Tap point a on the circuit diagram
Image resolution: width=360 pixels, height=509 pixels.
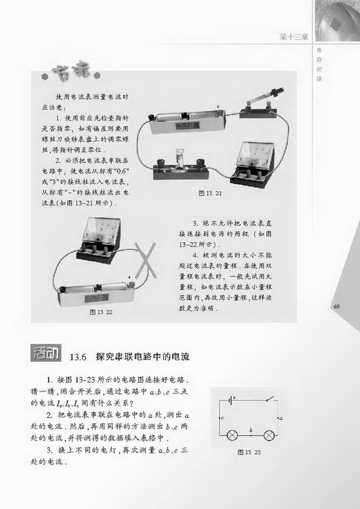click(279, 416)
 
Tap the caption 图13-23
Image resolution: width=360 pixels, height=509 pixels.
click(249, 452)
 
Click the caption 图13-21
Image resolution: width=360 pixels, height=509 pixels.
click(210, 194)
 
